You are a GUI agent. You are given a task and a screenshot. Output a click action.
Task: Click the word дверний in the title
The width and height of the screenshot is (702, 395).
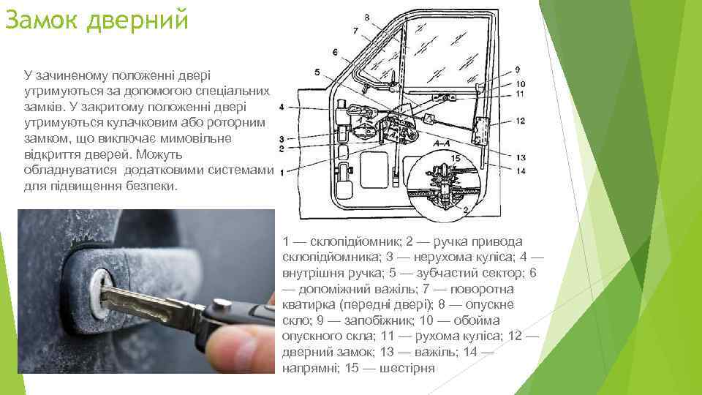click(138, 20)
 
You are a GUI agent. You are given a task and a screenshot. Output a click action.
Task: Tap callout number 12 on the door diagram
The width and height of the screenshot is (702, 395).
click(520, 121)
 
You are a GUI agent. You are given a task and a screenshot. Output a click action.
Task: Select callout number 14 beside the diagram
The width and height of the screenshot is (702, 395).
click(521, 170)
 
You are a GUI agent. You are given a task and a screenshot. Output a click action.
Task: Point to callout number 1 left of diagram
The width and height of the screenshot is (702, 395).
click(282, 173)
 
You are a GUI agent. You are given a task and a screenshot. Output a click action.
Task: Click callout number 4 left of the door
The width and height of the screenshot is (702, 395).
click(281, 107)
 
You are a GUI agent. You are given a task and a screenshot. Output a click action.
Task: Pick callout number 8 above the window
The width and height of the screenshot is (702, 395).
click(366, 18)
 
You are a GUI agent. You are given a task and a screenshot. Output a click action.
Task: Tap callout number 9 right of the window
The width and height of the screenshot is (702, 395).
click(518, 70)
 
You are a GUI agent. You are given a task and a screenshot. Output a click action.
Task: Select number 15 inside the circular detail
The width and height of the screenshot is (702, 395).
click(456, 158)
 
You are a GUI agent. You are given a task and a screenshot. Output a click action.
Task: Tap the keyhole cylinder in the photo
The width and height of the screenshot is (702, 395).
click(102, 293)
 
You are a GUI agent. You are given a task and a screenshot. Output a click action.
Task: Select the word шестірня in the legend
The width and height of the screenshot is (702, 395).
click(407, 368)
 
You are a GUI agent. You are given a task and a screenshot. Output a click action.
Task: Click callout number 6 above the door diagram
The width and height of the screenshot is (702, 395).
click(336, 53)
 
